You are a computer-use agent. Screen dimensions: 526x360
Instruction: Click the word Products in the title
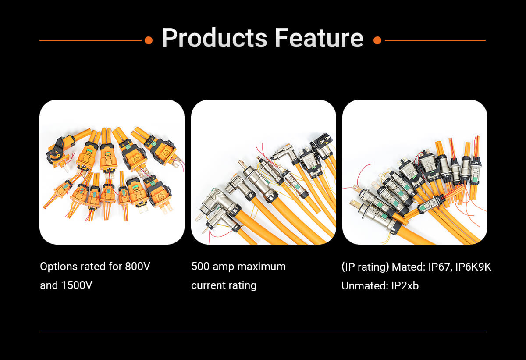pos(214,38)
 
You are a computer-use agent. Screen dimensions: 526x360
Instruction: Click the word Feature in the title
pos(319,38)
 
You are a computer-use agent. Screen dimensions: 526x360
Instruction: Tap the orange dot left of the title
pos(149,40)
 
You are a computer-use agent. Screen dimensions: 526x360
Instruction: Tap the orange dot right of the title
pos(377,40)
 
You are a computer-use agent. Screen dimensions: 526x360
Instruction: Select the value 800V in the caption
pos(137,267)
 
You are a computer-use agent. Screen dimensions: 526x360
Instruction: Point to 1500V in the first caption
pos(77,285)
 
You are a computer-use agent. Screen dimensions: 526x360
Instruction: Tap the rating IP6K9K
pos(473,267)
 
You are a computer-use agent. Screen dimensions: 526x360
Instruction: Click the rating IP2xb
pos(405,286)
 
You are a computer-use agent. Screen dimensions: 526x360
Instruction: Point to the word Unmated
pos(365,286)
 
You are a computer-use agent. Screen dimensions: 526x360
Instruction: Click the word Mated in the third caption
pos(409,267)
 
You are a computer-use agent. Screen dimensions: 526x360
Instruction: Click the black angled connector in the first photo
pos(57,150)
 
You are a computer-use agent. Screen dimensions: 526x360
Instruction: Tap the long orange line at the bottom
pos(263,332)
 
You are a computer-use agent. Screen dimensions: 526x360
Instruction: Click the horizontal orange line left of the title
pos(90,40)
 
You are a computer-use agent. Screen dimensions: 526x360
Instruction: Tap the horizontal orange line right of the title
pos(435,40)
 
